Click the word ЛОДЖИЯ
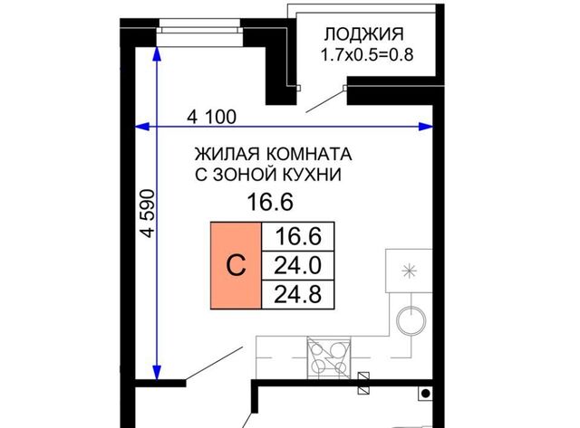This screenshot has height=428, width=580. point(363,34)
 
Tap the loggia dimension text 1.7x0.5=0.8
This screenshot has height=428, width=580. point(366,55)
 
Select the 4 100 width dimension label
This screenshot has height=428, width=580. point(211,118)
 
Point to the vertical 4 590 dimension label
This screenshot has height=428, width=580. point(148,213)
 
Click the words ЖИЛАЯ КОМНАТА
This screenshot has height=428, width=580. point(274,154)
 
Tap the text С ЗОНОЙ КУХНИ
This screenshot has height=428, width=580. point(268,175)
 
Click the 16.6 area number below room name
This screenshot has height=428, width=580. point(270,203)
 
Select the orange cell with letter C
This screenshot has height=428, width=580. point(236,265)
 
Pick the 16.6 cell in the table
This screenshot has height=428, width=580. point(298,237)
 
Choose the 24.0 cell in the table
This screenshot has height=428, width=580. point(298,266)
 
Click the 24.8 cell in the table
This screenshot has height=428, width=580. point(298,295)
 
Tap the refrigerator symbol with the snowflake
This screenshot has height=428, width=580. point(409,271)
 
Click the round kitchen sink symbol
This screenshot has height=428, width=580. point(411,320)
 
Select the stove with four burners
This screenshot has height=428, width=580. point(329,357)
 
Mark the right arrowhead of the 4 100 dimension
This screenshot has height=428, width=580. point(425,127)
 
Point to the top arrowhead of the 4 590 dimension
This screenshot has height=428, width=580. point(157,53)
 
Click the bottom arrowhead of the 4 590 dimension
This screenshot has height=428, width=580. point(157,372)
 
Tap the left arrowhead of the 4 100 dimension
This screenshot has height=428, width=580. point(141,127)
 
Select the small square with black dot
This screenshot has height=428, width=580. point(425,394)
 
